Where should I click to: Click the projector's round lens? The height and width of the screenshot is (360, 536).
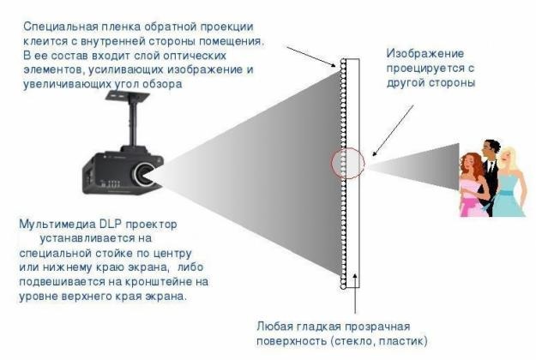pos(143,174)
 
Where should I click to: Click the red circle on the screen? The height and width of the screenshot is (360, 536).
pos(347,163)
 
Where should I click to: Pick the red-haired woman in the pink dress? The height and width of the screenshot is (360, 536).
pos(473,185)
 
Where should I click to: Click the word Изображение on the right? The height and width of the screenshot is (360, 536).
pos(425,54)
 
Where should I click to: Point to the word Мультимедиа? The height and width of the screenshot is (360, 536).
pos(57,225)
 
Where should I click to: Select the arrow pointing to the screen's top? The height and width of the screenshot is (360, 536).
pos(312,57)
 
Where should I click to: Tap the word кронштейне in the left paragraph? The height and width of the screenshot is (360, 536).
pos(160,282)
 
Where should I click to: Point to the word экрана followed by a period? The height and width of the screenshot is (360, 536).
pos(166,297)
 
